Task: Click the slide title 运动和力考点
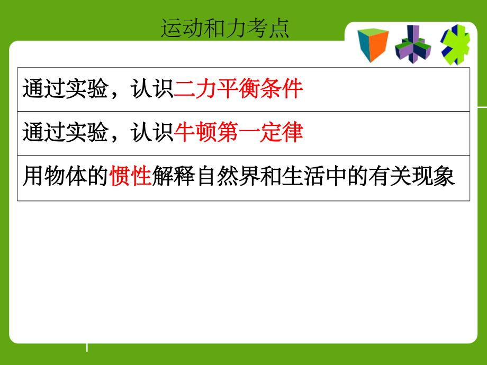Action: [x=225, y=29]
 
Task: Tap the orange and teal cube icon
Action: [x=373, y=45]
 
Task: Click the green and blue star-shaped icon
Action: [x=456, y=45]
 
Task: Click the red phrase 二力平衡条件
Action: [x=238, y=89]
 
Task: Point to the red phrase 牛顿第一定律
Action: [x=238, y=133]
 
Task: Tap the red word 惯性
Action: [x=131, y=177]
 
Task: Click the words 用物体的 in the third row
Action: [x=65, y=177]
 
